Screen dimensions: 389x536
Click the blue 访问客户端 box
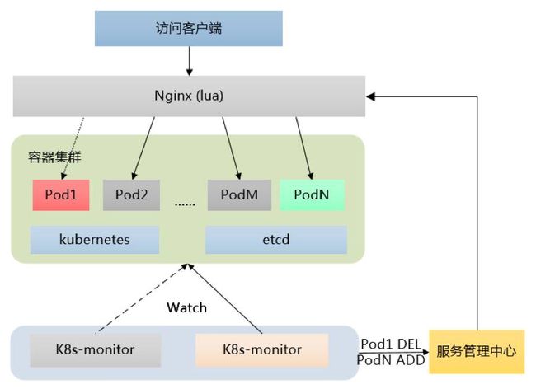pos(189,29)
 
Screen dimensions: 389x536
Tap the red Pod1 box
pos(60,194)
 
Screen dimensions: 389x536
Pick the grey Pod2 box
pos(131,194)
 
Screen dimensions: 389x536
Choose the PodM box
pos(239,194)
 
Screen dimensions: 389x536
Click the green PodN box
pos(313,194)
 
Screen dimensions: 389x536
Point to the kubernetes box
pos(96,240)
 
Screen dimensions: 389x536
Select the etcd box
pos(276,240)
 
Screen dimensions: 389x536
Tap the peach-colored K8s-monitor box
pos(261,349)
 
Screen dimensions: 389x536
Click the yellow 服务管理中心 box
pos(477,350)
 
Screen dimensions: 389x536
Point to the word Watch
pos(186,307)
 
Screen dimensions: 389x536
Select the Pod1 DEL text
pos(393,343)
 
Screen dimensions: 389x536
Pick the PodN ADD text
pos(392,360)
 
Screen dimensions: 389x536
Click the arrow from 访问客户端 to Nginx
pos(189,60)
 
